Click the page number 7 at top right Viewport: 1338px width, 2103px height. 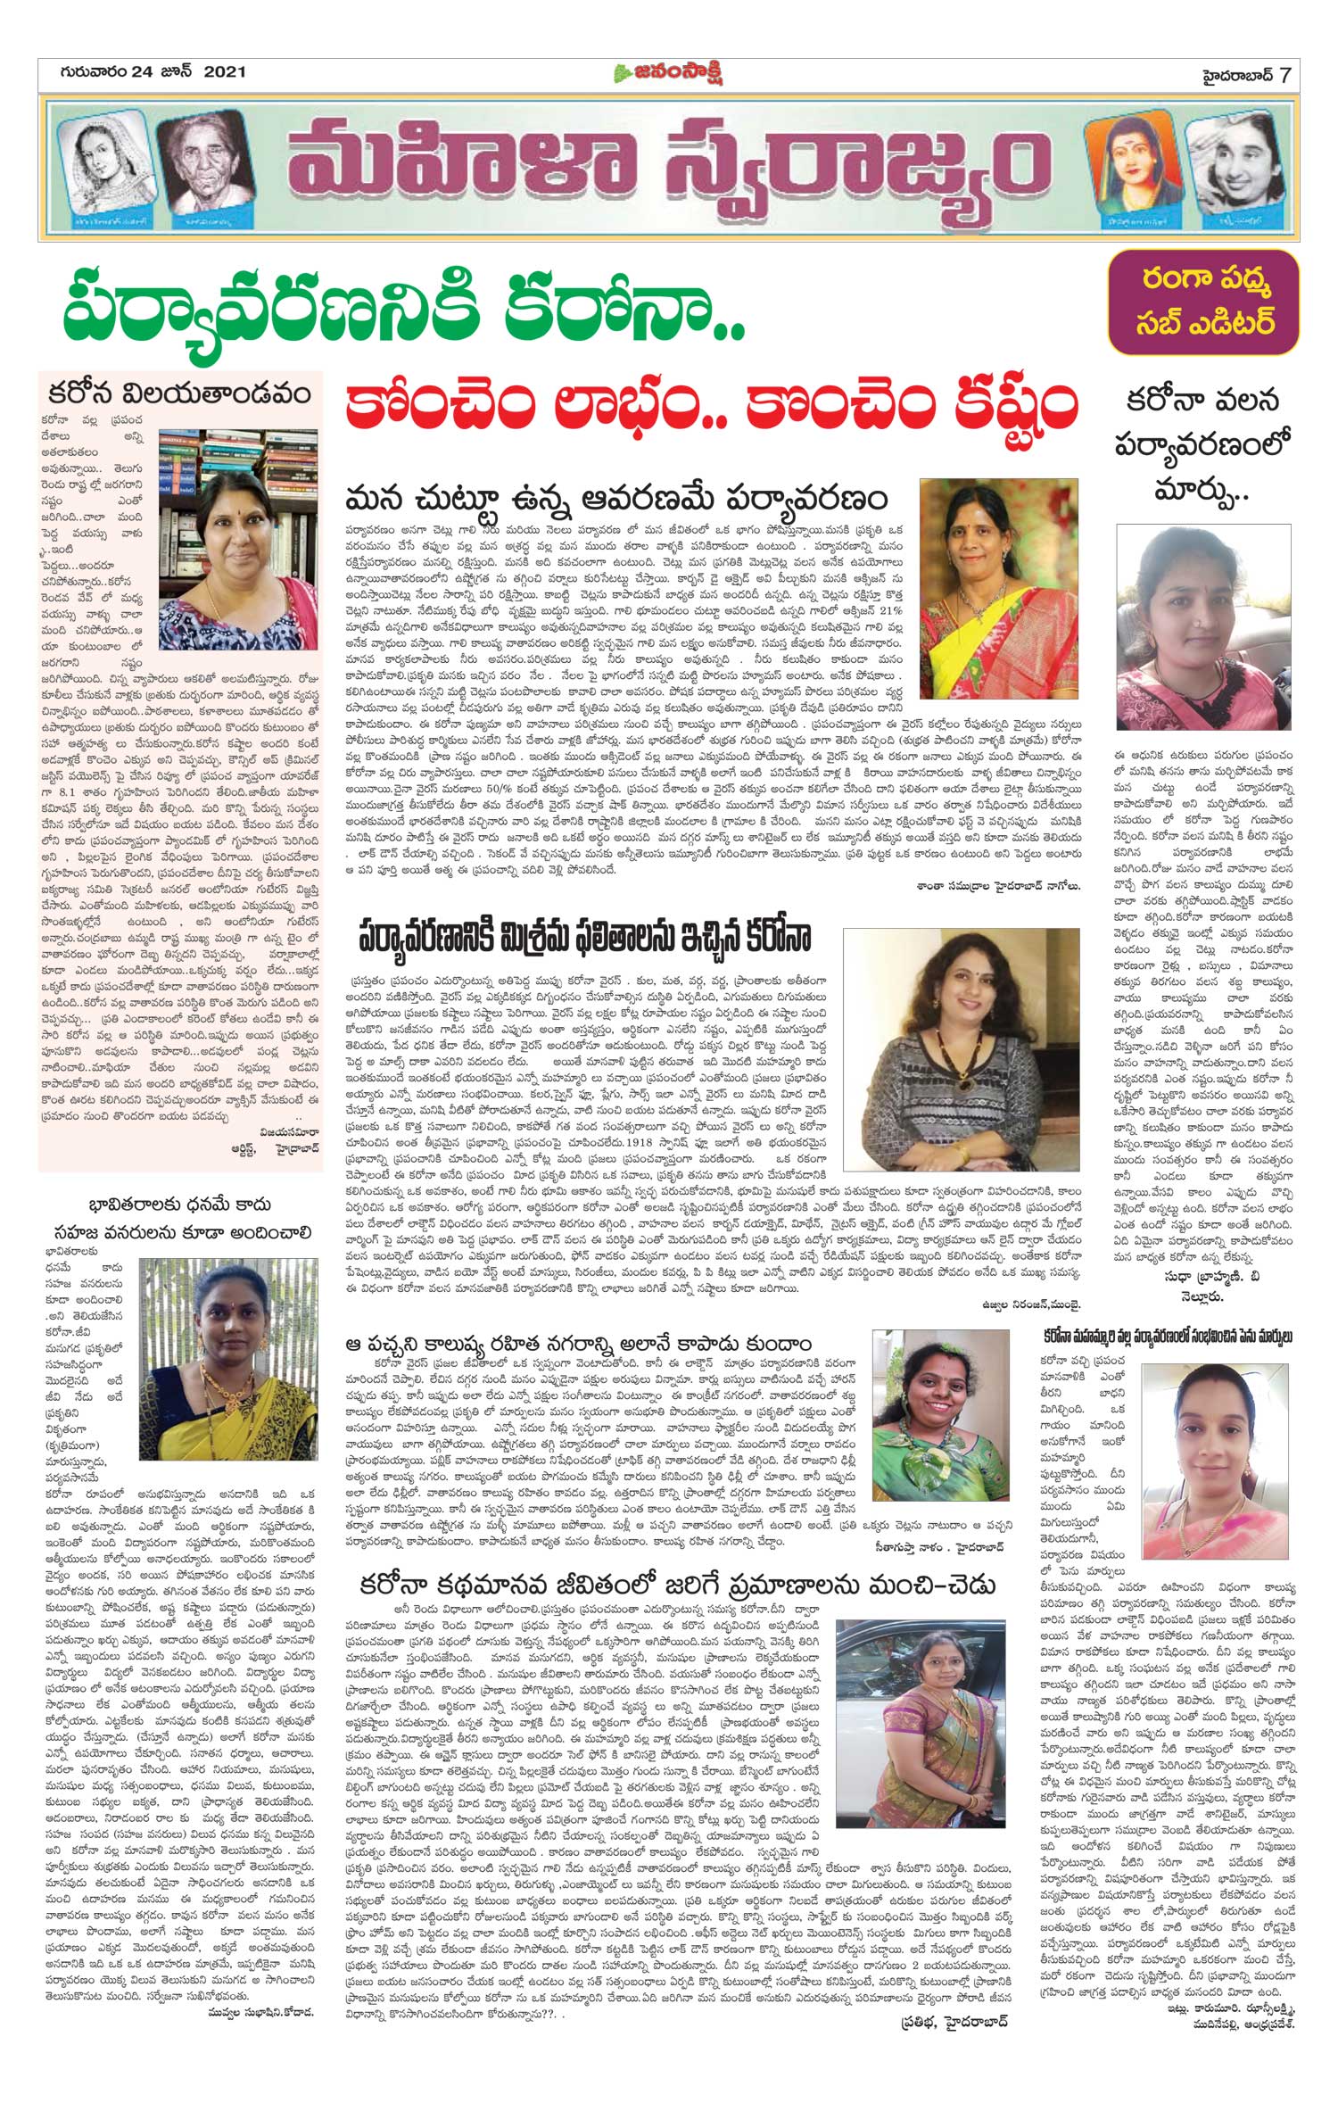coord(1284,73)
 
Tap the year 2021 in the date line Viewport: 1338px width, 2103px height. coord(224,72)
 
